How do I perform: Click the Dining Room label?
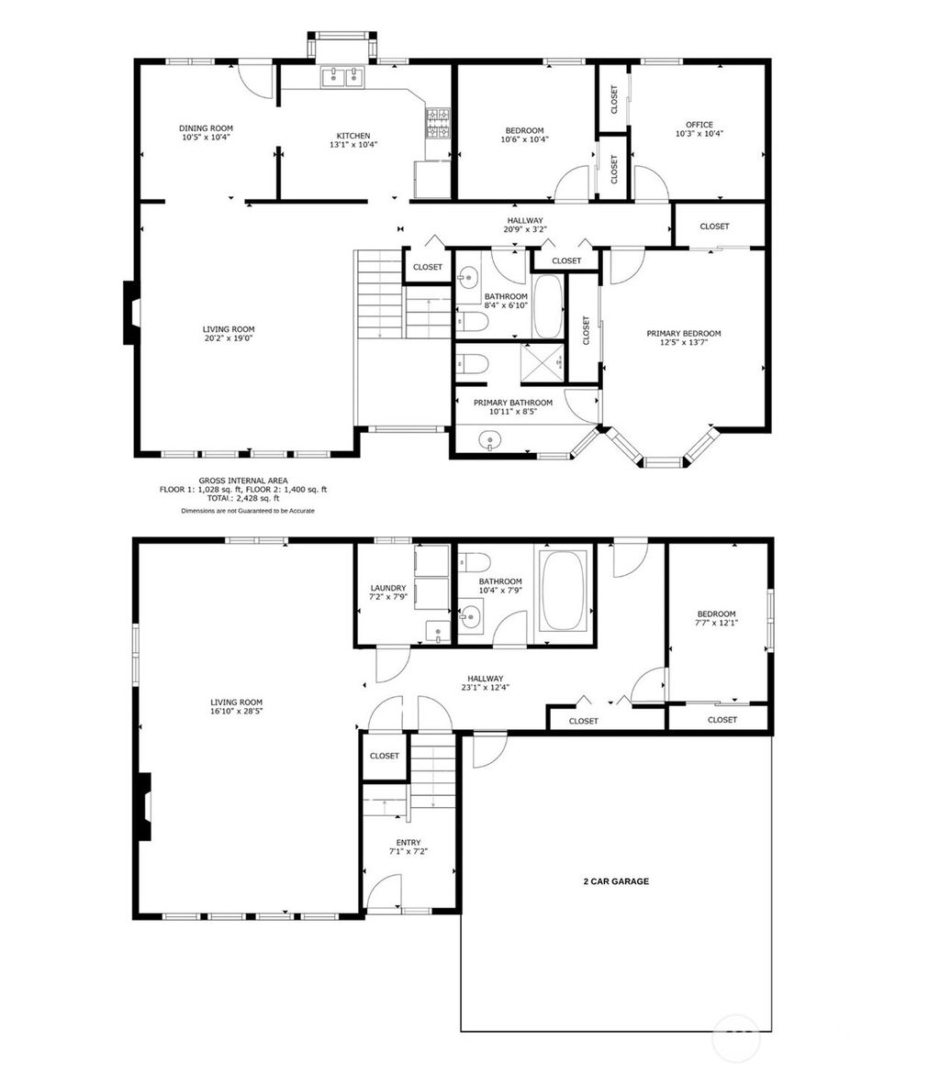coord(206,128)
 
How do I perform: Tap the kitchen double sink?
coord(342,78)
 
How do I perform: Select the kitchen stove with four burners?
coord(438,123)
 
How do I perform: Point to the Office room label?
coord(699,125)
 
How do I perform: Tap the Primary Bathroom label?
coord(512,403)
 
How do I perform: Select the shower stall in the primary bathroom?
coord(543,361)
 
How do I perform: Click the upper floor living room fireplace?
coord(131,313)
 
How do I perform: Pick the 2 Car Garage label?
coord(616,881)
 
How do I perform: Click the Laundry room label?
coord(387,588)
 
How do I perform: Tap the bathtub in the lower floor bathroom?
coord(562,590)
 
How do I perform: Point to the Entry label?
coord(408,842)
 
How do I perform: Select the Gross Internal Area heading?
coord(243,481)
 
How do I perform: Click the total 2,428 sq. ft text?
coord(243,498)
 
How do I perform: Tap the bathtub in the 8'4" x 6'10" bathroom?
coord(548,306)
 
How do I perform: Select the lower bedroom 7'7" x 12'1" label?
coord(716,619)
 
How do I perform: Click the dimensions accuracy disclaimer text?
coord(247,511)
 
